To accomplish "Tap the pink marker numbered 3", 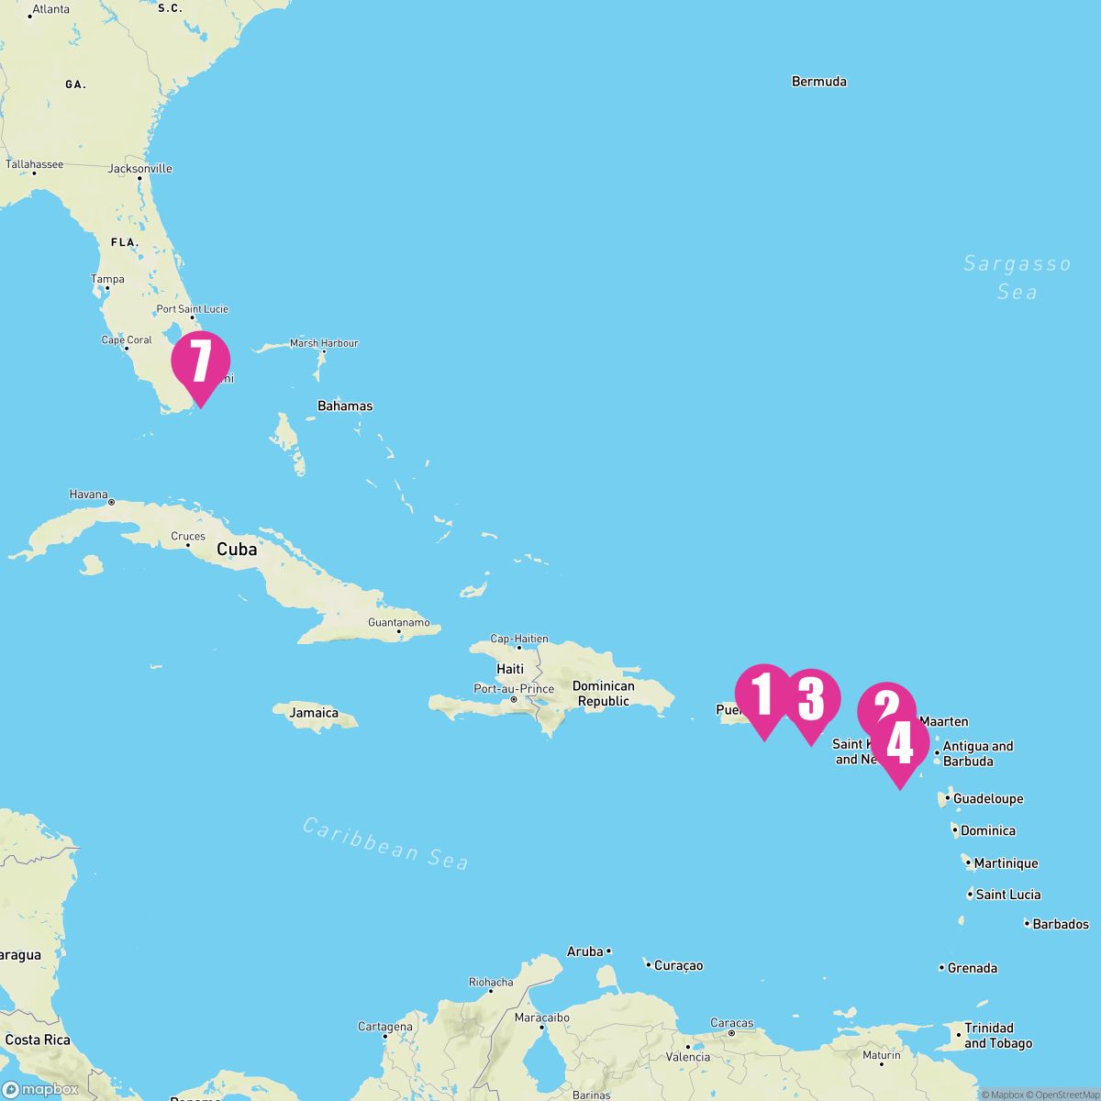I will click(811, 700).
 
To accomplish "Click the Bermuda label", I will click(818, 82).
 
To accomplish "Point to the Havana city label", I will click(89, 495).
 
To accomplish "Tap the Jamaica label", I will click(314, 713).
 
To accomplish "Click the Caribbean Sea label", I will click(385, 842).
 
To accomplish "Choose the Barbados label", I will click(1060, 924).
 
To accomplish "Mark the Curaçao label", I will click(679, 965).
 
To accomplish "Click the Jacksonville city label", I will click(139, 169).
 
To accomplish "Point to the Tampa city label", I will click(107, 279).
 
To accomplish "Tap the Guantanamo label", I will click(398, 623).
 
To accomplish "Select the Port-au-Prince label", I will click(514, 689).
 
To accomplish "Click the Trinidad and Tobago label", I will click(997, 1036).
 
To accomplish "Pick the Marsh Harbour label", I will click(324, 343).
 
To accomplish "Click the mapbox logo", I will click(40, 1089).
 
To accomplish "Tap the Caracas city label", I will click(731, 1023).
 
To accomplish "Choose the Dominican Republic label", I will click(603, 694).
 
